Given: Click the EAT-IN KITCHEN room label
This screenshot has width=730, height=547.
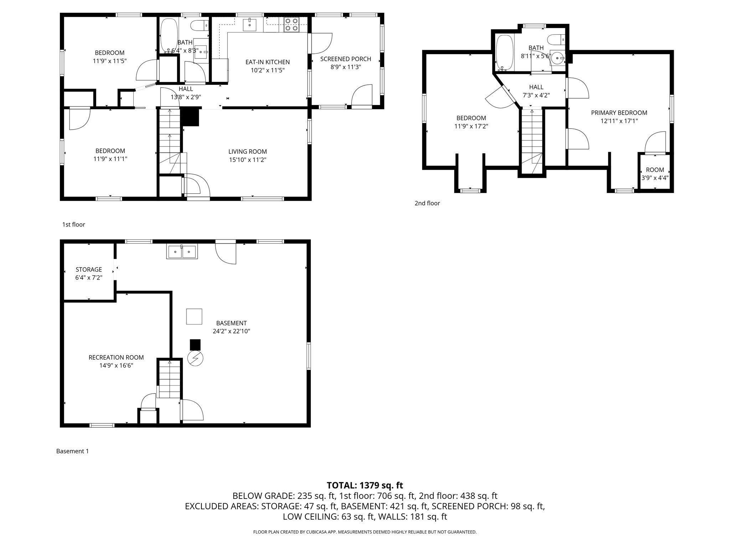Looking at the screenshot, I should point(267,62).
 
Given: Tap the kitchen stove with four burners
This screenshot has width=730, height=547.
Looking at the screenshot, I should point(291,25).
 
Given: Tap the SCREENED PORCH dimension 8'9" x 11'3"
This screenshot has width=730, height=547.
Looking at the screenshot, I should point(345,67).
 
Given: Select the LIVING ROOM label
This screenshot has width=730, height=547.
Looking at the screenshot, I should point(247,152).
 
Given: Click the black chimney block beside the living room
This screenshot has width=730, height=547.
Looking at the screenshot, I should point(190,117).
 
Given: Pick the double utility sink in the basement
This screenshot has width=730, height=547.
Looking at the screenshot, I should point(182,252).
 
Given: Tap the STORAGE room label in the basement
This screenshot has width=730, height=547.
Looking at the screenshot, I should point(89,270).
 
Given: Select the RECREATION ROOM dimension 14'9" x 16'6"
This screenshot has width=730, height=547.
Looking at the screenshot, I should point(116,365).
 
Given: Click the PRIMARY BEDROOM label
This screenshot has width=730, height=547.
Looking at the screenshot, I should point(619,113).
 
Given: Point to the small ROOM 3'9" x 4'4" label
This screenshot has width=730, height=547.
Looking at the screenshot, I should point(655,170).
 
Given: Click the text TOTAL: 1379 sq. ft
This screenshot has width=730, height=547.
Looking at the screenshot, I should point(365,485).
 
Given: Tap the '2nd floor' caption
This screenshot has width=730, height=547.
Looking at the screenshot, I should point(427,203).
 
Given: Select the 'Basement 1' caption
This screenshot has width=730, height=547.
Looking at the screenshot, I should point(72,451).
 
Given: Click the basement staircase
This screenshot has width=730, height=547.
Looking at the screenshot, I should point(169,379).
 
